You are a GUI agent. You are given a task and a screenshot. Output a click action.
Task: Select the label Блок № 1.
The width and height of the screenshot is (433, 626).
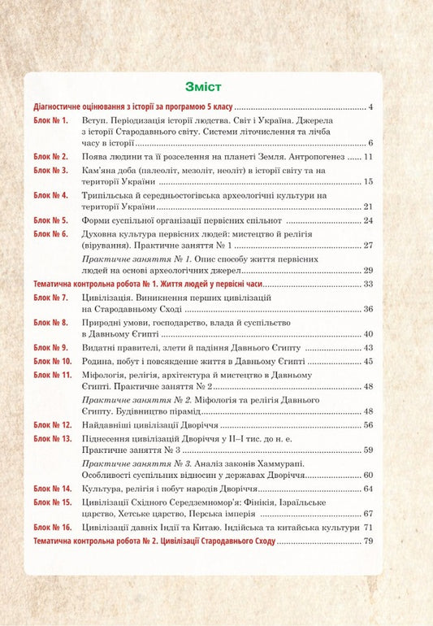coord(50,120)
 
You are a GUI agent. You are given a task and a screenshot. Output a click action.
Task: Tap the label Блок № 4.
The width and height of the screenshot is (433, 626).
coord(50,196)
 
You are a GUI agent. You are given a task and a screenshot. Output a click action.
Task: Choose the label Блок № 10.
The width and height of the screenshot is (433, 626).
coord(53,361)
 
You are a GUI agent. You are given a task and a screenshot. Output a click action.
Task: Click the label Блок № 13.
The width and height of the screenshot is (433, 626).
coord(53,438)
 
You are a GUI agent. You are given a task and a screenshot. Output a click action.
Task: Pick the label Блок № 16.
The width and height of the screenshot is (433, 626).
coord(53,528)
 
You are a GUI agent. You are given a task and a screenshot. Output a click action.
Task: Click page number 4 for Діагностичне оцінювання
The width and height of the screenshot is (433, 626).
coord(370,107)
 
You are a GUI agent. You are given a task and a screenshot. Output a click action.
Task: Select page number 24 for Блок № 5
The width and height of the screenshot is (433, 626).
coord(368,220)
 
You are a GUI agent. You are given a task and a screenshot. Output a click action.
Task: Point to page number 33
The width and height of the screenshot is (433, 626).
coord(368,285)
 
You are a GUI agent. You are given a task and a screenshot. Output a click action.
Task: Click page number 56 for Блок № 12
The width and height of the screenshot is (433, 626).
coord(368,425)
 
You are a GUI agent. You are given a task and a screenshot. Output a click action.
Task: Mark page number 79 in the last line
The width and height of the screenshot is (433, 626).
coord(368,541)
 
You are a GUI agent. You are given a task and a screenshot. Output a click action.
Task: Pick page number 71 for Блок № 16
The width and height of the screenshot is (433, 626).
coord(368,528)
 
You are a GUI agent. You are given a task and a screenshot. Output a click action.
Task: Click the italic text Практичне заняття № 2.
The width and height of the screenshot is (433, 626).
coord(132,401)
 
